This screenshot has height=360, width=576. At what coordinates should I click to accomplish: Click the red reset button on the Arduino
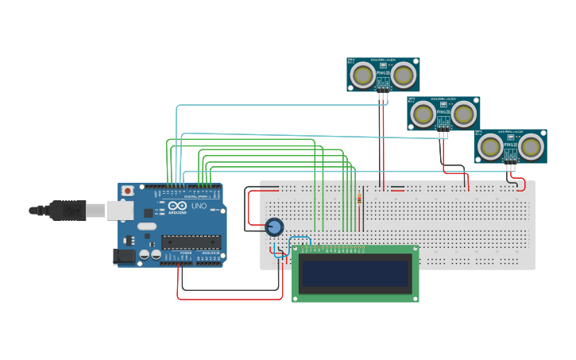click(127, 192)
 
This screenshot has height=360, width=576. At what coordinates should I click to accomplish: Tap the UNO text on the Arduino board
click(198, 206)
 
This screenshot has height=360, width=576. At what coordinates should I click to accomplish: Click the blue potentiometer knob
click(274, 227)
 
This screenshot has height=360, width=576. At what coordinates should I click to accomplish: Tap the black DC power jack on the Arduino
click(125, 255)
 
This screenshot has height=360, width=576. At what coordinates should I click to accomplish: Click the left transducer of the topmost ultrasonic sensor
click(364, 75)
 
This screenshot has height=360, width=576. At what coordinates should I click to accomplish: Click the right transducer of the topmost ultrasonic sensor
click(403, 75)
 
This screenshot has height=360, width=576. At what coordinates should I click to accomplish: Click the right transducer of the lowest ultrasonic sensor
click(530, 146)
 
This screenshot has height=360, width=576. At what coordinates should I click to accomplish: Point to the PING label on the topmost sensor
click(382, 72)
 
